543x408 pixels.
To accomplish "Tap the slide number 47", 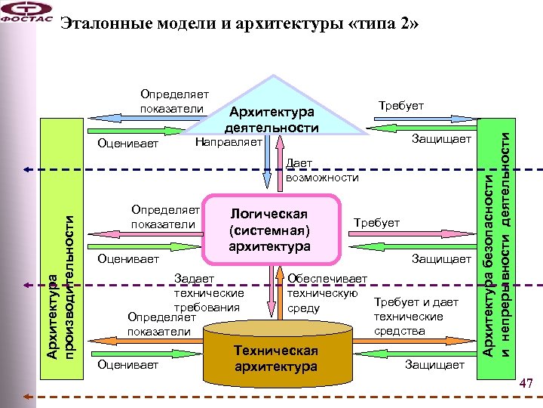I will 526,385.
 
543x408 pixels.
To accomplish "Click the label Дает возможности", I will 321,170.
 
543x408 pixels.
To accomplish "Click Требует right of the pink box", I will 376,222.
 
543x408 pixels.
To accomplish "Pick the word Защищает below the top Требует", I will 441,140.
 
